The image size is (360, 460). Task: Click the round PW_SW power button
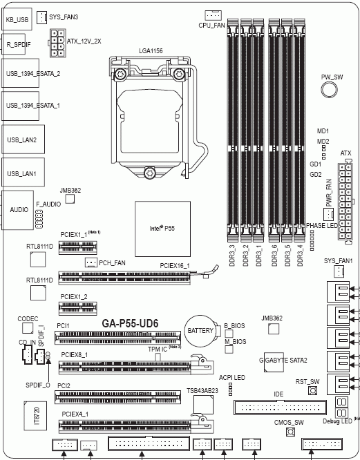pos(332,90)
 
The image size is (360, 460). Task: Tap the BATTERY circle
pos(200,332)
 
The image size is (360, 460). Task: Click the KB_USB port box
pos(17,19)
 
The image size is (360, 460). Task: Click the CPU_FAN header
pos(213,15)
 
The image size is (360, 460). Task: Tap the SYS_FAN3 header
pos(41,15)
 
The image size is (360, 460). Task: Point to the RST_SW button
pos(312,392)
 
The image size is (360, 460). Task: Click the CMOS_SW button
pos(290,432)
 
